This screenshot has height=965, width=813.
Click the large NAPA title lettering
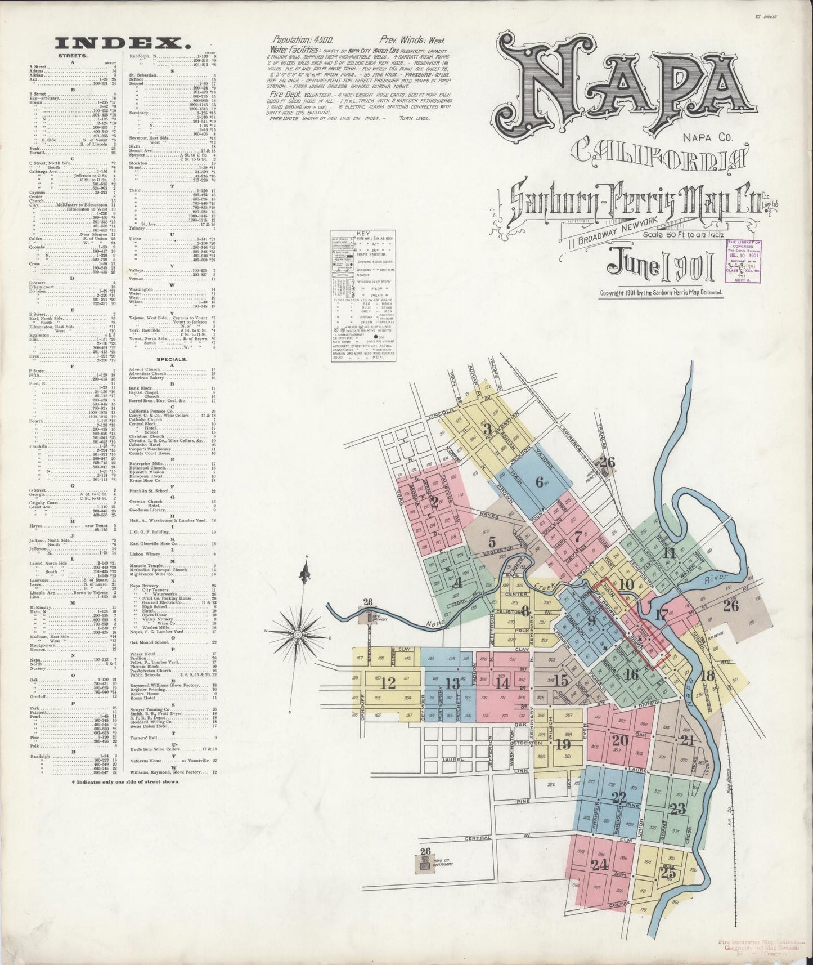(619, 84)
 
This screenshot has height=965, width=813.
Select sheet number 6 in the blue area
(541, 482)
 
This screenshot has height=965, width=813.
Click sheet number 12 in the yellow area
(388, 683)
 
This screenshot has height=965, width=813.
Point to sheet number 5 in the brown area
(492, 543)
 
